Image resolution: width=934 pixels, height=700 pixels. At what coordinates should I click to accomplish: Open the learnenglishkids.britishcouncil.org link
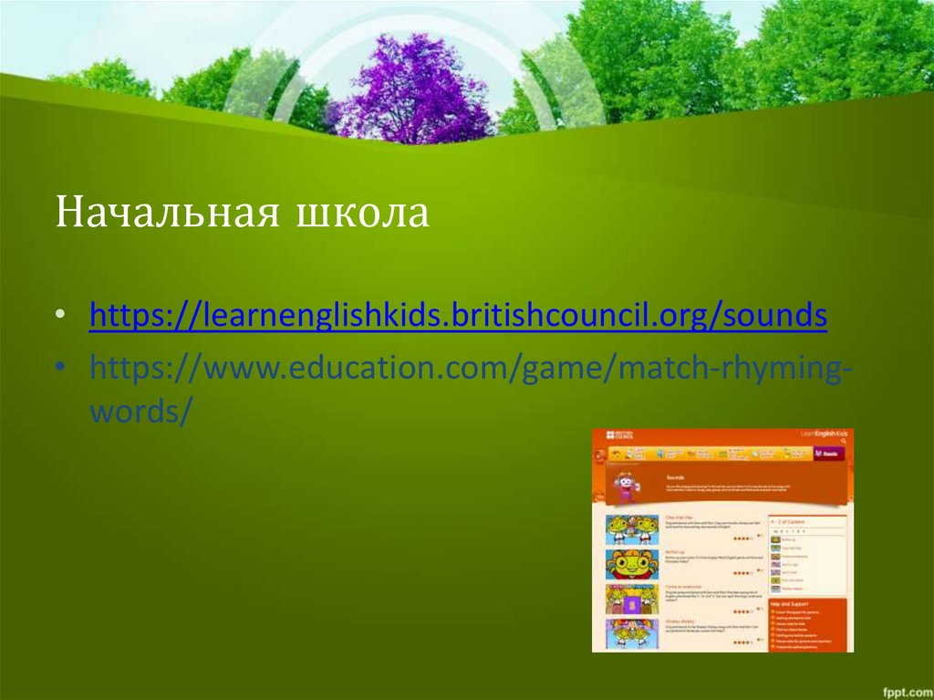coord(458,316)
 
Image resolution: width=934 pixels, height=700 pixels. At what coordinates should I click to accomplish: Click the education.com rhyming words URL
coord(471,371)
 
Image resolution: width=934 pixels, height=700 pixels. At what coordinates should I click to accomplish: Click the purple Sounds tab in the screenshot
coord(829,453)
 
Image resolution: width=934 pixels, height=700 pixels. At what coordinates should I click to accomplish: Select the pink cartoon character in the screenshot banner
coord(625,486)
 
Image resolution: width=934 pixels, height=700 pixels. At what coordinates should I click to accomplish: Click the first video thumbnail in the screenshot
coord(631,529)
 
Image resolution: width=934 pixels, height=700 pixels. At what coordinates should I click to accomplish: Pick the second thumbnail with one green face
coord(631,565)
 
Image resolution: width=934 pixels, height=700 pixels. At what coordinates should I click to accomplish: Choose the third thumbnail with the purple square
coord(631,600)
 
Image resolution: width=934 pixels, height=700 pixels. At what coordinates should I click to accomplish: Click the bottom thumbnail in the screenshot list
coord(631,633)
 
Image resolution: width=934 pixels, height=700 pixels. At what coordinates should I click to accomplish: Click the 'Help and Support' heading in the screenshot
coord(792,603)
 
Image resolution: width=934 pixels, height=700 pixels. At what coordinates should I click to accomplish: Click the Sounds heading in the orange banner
coord(676,477)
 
